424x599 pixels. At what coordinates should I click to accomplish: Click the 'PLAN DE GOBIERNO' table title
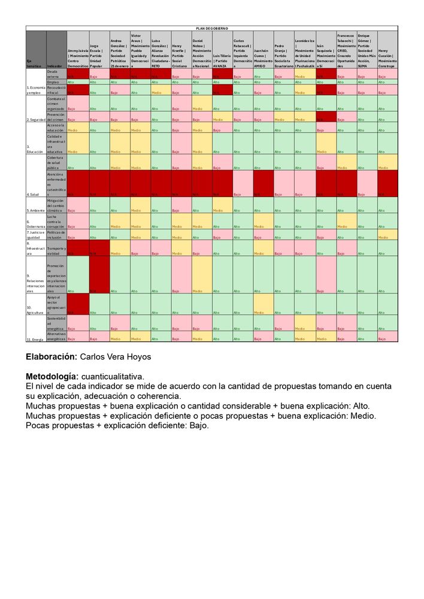[x=211, y=28]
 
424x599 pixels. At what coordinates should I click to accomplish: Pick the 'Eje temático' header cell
[x=36, y=63]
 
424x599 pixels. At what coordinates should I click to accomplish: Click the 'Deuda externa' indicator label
[x=56, y=74]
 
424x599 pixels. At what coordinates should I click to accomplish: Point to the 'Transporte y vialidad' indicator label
[x=56, y=250]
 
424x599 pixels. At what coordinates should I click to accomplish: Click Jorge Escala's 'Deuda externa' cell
[x=99, y=74]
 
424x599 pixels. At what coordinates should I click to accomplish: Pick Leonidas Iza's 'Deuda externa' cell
[x=305, y=74]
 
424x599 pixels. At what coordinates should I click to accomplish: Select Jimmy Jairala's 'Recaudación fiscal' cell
[x=77, y=90]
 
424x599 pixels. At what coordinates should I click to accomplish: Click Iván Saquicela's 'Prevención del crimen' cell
[x=326, y=116]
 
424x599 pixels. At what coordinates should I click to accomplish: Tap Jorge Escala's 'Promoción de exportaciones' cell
[x=99, y=274]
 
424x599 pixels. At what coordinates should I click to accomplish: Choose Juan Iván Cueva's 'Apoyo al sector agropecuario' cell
[x=264, y=304]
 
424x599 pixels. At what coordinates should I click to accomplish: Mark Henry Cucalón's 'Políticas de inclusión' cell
[x=387, y=235]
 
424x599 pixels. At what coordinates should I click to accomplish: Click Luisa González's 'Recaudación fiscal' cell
[x=160, y=90]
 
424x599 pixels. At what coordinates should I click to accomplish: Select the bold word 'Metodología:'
[x=52, y=376]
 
